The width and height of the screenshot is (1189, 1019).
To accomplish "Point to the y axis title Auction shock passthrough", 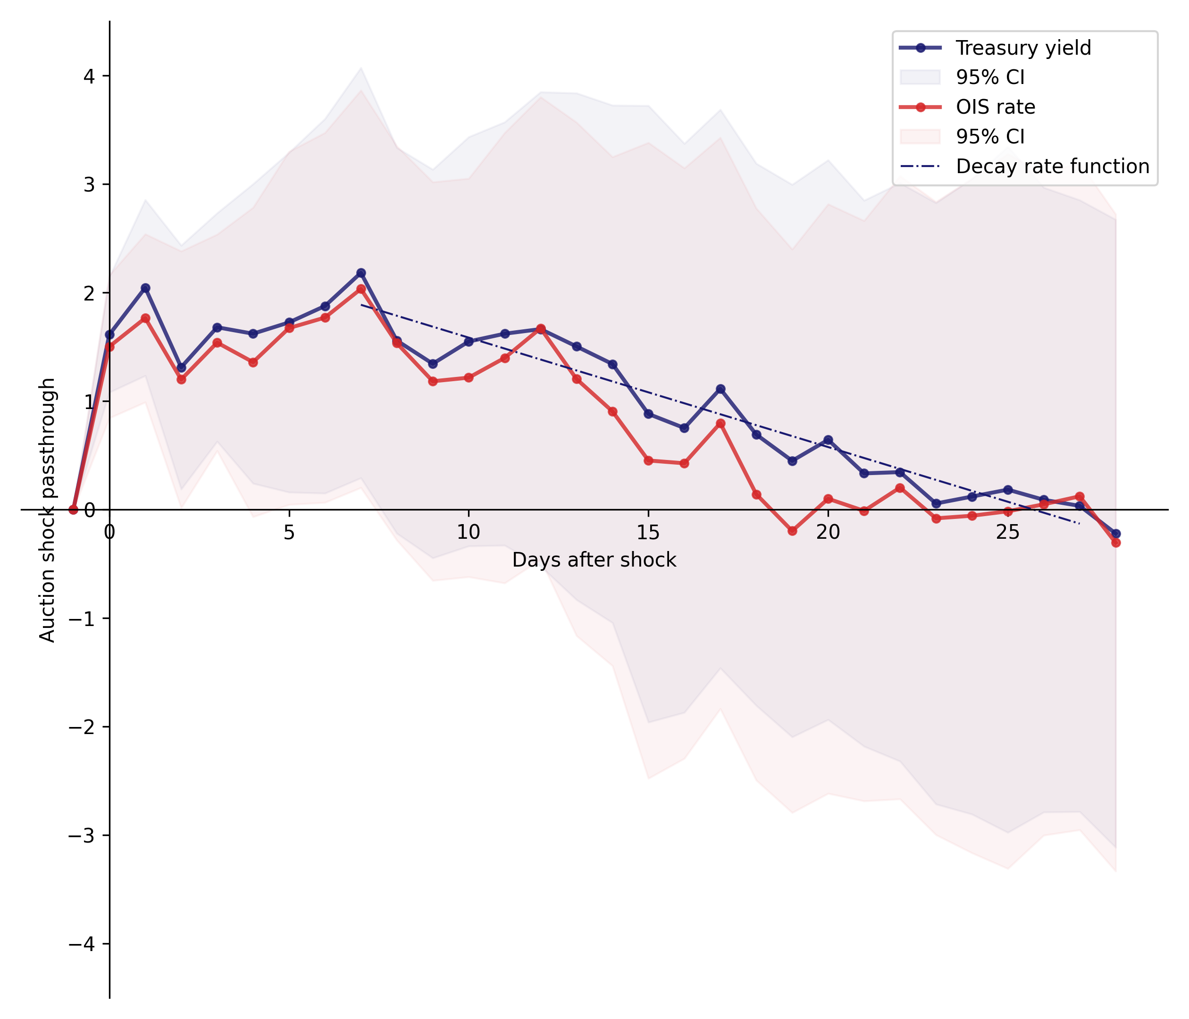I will (x=47, y=510).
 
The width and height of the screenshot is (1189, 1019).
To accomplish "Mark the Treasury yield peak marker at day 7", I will (x=361, y=273).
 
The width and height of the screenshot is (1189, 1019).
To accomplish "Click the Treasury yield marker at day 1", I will (x=146, y=288).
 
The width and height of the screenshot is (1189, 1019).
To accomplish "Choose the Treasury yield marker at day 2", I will (x=181, y=368).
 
